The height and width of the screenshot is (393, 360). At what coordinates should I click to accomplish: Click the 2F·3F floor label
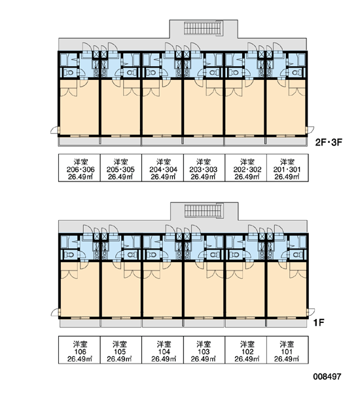tap(329, 142)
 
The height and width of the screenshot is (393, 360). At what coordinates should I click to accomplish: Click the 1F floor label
tap(319, 322)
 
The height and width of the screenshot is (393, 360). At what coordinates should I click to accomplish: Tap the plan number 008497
tap(327, 377)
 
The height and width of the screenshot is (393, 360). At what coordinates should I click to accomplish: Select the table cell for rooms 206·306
tap(79, 168)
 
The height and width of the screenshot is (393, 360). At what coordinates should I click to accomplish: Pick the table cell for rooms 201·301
tap(287, 168)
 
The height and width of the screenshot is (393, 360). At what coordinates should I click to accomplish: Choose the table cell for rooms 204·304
tap(162, 168)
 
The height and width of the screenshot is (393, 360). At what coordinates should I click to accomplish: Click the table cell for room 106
tap(79, 350)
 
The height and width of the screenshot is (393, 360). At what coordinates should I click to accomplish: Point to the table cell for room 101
tap(287, 350)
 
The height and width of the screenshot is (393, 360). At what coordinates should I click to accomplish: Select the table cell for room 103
tap(204, 350)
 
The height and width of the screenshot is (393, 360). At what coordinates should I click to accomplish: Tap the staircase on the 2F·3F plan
tap(203, 28)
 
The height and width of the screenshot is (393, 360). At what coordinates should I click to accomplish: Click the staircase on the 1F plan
tap(204, 210)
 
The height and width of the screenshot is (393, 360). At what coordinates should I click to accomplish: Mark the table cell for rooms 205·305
tap(121, 168)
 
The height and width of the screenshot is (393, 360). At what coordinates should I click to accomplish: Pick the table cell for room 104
tap(162, 350)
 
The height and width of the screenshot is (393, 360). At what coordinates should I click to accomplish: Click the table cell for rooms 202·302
tap(245, 168)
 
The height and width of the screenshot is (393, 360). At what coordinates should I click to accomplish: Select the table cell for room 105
tap(121, 350)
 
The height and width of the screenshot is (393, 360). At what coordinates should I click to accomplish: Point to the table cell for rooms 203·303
tap(204, 168)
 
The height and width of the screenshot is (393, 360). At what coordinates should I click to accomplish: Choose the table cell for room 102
tap(245, 350)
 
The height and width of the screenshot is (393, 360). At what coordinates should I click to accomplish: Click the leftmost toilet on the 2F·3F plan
tap(68, 73)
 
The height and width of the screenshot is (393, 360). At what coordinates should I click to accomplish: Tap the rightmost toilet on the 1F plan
tap(297, 255)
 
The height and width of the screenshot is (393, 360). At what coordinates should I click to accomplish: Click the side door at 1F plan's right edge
tap(310, 312)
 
